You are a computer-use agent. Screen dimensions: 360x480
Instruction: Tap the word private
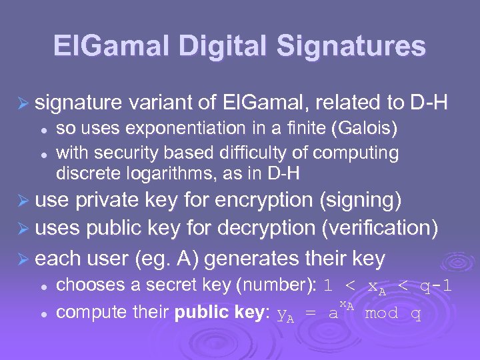109,200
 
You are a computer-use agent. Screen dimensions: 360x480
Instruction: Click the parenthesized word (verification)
380,229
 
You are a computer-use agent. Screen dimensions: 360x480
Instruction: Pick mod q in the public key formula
393,313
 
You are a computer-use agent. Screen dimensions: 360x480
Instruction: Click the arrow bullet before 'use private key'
23,201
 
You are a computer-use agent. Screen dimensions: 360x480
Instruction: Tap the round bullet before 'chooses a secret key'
43,286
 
